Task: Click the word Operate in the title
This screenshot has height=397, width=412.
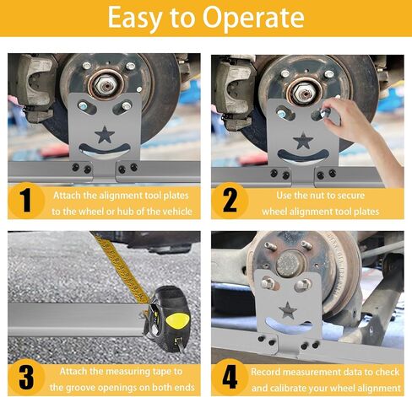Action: (253, 18)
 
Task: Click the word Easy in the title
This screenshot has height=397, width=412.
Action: (134, 19)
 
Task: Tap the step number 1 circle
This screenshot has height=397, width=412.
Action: (26, 200)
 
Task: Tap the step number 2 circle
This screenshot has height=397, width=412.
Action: (230, 200)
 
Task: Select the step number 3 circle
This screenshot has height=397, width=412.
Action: (26, 377)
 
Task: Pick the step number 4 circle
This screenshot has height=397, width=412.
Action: (230, 377)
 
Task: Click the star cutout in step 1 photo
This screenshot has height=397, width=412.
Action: (105, 134)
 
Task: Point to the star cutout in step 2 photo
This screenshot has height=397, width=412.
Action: (303, 140)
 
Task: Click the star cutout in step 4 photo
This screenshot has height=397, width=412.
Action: (288, 310)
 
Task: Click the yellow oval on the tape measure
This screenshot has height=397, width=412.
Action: (177, 320)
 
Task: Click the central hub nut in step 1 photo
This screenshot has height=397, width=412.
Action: (106, 84)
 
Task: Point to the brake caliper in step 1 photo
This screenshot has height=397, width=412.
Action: (35, 87)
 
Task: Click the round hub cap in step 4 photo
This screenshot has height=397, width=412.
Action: (289, 264)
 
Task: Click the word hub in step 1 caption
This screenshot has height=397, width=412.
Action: (125, 212)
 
